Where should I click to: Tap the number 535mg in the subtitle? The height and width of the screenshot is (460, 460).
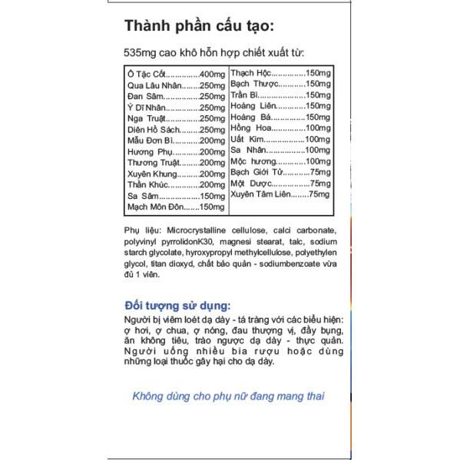click(x=139, y=54)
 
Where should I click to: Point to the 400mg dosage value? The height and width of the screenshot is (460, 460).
click(x=212, y=74)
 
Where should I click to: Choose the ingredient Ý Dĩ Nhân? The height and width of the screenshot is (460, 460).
click(x=145, y=107)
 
